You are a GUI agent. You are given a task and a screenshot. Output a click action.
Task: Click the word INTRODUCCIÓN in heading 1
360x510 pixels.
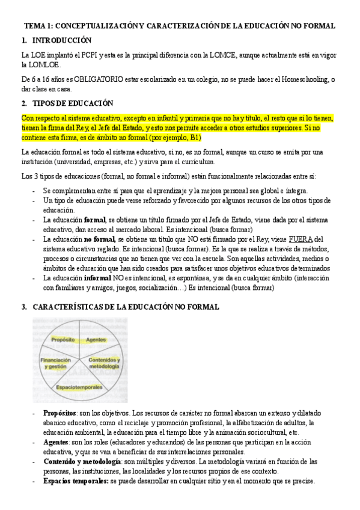tap(61, 40)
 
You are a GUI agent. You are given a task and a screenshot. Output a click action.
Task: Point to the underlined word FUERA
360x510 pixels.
tap(302, 239)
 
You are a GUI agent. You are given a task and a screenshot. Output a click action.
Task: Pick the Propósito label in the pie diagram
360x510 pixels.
tap(63, 340)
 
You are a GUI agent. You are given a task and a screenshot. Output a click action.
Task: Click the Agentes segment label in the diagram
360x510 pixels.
tap(96, 340)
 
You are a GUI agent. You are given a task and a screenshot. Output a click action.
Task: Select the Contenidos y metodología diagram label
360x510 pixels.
tap(105, 363)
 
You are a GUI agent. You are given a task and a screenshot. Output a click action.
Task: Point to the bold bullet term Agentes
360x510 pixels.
tap(56, 442)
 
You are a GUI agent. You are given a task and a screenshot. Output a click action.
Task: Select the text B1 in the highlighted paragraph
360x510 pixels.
tap(200, 137)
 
